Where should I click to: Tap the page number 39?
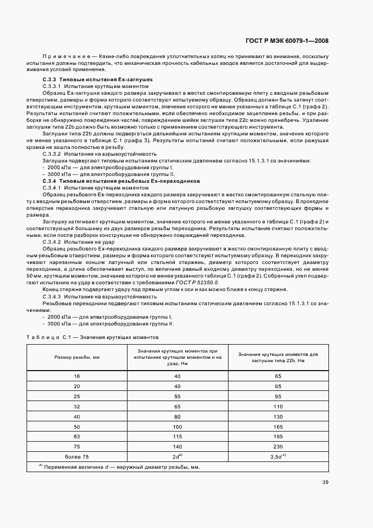[326, 481]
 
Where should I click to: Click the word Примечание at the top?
[65, 57]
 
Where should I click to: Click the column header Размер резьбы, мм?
[77, 358]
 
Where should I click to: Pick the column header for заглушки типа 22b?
[278, 358]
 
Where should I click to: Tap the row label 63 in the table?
[77, 436]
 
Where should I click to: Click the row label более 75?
[77, 455]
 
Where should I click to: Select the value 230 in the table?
[278, 446]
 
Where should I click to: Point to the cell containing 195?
[278, 436]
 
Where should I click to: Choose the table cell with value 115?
[177, 436]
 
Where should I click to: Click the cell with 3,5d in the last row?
[278, 455]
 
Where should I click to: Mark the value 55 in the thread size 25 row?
[177, 396]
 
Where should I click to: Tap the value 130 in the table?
[278, 416]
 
